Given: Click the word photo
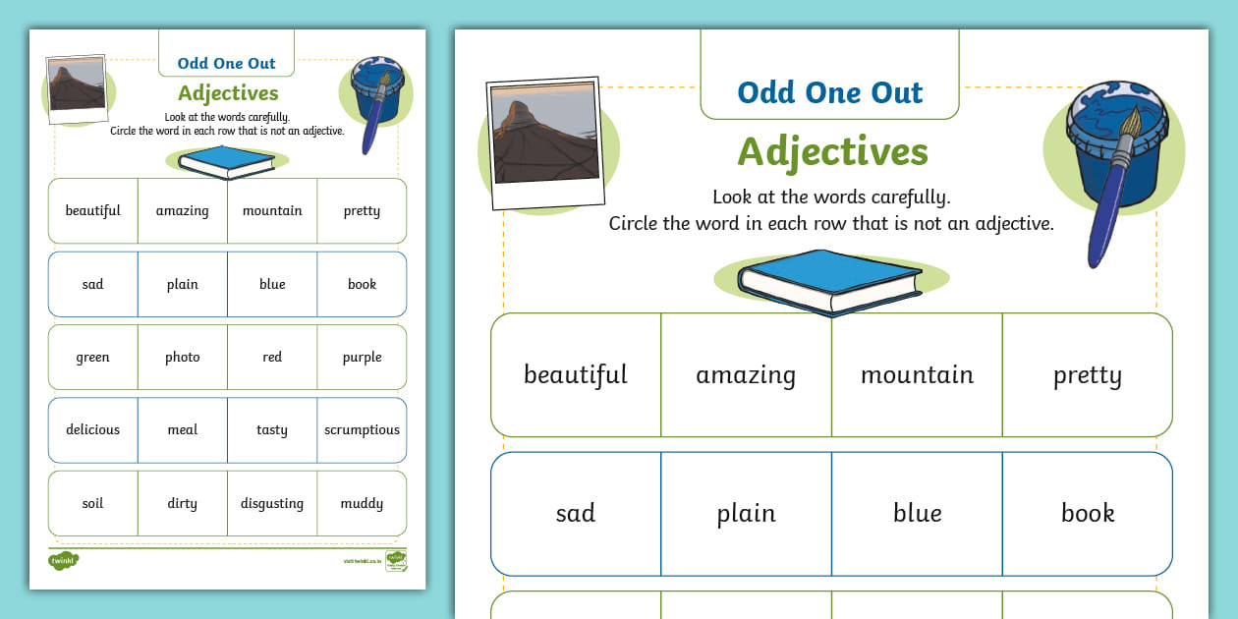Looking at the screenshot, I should tap(182, 358).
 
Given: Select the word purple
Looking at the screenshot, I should tap(362, 358).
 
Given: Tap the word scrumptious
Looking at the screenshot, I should tap(362, 430).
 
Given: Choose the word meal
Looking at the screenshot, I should tap(182, 430).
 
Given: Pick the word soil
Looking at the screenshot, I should tap(92, 504).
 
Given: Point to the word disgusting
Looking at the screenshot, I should tap(272, 504).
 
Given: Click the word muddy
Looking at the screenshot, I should tap(362, 504).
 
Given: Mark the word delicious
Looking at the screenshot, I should tap(92, 430).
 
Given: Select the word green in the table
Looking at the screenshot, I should tap(92, 358).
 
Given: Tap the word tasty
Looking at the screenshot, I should tap(272, 430).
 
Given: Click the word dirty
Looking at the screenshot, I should tap(182, 504).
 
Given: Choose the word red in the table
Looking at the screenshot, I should tap(272, 358).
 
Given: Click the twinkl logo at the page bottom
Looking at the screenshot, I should tap(63, 562).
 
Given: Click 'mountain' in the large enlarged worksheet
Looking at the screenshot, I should tap(917, 375).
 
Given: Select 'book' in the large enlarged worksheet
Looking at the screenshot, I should tap(1088, 514).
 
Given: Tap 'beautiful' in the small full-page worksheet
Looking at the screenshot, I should tap(92, 211).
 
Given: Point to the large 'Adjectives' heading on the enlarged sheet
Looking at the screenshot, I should tap(832, 152).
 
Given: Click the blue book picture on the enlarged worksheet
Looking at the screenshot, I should tap(830, 281).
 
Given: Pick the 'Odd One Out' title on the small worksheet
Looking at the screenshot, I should tap(227, 64).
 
